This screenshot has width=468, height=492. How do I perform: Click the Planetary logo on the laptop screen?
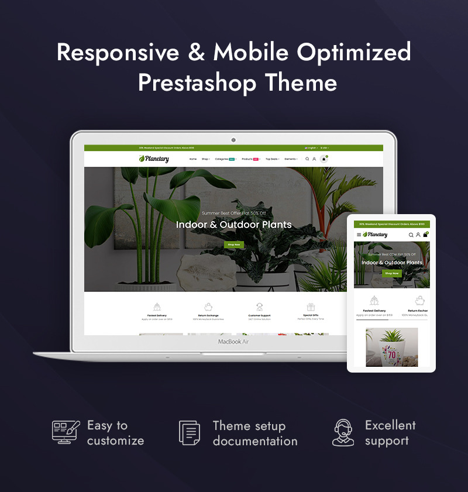[154, 159]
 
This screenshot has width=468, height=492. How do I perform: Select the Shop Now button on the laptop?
[233, 245]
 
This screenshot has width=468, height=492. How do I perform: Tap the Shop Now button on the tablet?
[391, 273]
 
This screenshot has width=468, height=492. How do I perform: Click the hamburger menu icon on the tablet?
[359, 235]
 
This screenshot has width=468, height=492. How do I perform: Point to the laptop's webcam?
[233, 140]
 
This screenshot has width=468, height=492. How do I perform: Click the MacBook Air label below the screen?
[233, 342]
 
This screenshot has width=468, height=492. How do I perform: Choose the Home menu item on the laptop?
[193, 159]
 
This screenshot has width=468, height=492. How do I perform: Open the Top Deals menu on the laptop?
[272, 159]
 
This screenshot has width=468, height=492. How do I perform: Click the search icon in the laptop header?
[307, 159]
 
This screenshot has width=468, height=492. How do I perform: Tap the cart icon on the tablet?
[425, 235]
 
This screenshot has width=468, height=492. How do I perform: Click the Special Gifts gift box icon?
[311, 307]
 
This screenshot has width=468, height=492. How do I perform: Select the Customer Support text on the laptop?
[259, 315]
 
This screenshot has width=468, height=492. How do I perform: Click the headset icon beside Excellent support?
[343, 433]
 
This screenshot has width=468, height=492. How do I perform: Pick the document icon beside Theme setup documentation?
[190, 433]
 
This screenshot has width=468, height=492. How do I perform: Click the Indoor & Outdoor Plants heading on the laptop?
[233, 225]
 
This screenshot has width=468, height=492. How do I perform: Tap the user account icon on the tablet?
[418, 235]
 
